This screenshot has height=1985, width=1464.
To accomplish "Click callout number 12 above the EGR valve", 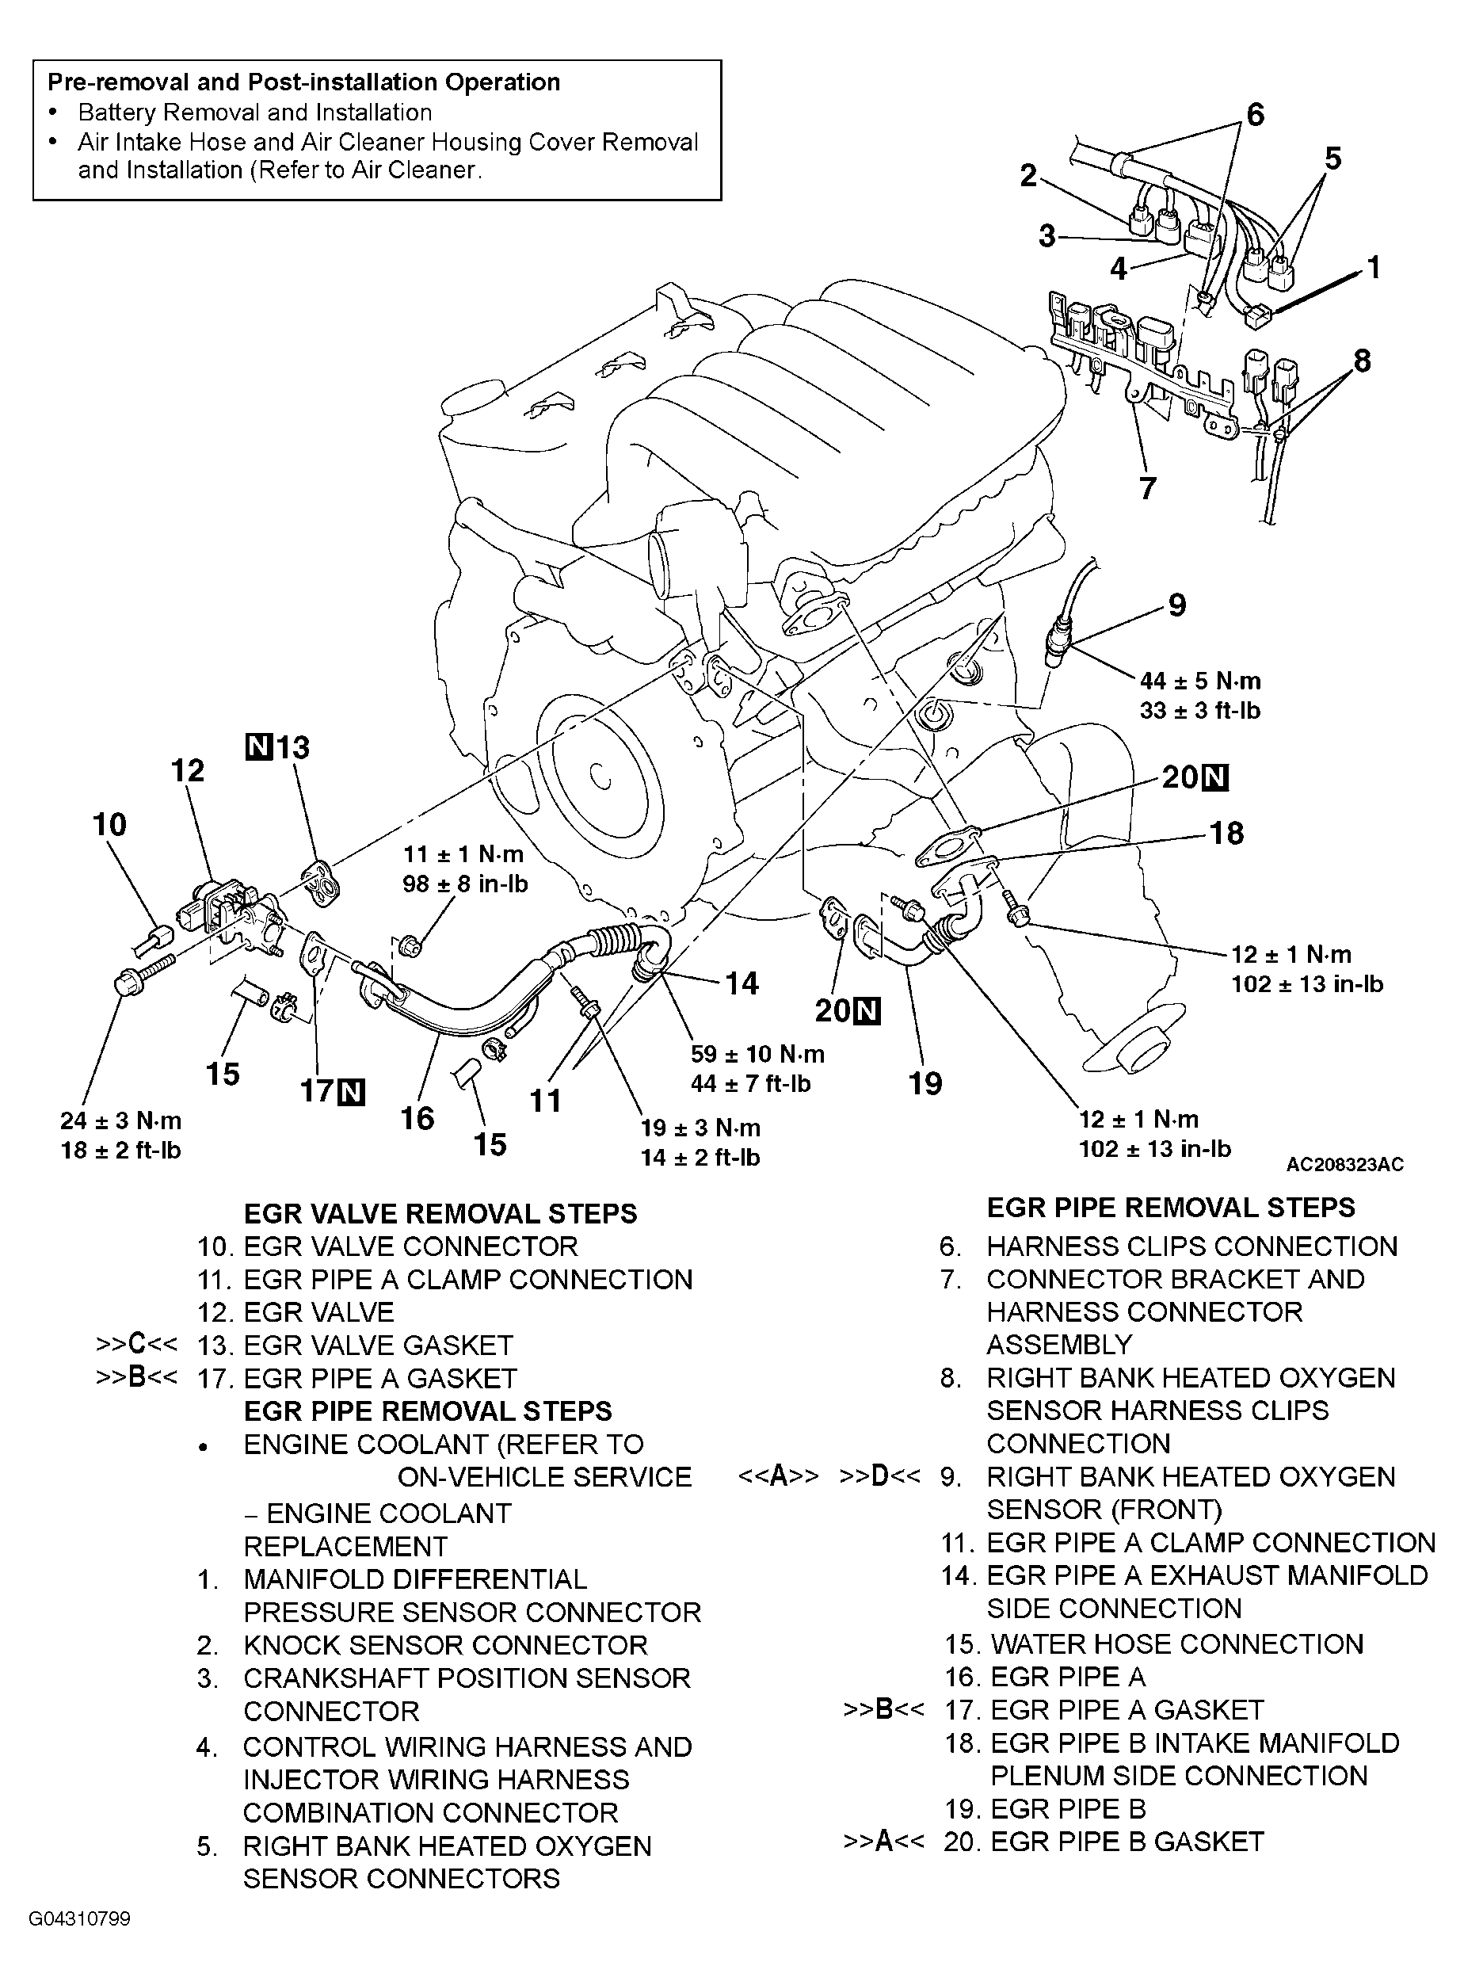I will click(x=188, y=769).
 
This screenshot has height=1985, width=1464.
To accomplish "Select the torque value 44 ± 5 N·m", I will click(x=1200, y=681).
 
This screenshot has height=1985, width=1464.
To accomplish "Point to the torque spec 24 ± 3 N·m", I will click(x=120, y=1120).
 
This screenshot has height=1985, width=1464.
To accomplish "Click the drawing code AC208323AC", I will click(x=1344, y=1165).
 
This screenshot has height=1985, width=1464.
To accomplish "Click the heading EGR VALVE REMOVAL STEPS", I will click(x=440, y=1214).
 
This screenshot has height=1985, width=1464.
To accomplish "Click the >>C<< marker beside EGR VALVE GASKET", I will click(x=135, y=1345).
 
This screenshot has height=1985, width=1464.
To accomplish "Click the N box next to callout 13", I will click(x=258, y=746).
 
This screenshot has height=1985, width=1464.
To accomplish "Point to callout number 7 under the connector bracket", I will click(x=1147, y=487).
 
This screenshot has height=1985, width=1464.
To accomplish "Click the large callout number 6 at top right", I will click(x=1255, y=115).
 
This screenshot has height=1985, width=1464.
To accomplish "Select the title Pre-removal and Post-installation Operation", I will click(x=303, y=82).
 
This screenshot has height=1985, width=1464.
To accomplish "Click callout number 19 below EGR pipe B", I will click(x=926, y=1082).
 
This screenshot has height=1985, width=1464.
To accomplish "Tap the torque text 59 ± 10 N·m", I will click(x=757, y=1054).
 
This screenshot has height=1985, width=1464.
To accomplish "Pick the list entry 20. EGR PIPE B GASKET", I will click(x=1104, y=1842).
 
